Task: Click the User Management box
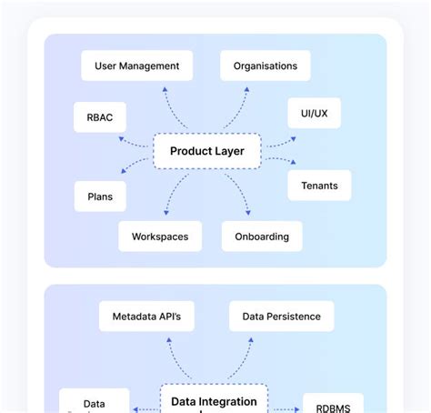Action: click(x=136, y=65)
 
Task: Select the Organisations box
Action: click(x=265, y=65)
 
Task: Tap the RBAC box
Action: click(x=100, y=116)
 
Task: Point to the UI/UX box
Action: click(x=314, y=113)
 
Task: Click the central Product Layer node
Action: click(x=206, y=151)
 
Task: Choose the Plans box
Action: click(x=100, y=196)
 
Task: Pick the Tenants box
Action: click(x=319, y=186)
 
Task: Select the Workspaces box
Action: click(x=160, y=237)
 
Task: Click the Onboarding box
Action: click(x=262, y=237)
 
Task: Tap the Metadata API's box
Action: click(x=146, y=317)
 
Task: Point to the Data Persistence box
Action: click(x=281, y=317)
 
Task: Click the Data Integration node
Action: click(x=214, y=401)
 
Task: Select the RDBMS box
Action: click(x=333, y=406)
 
